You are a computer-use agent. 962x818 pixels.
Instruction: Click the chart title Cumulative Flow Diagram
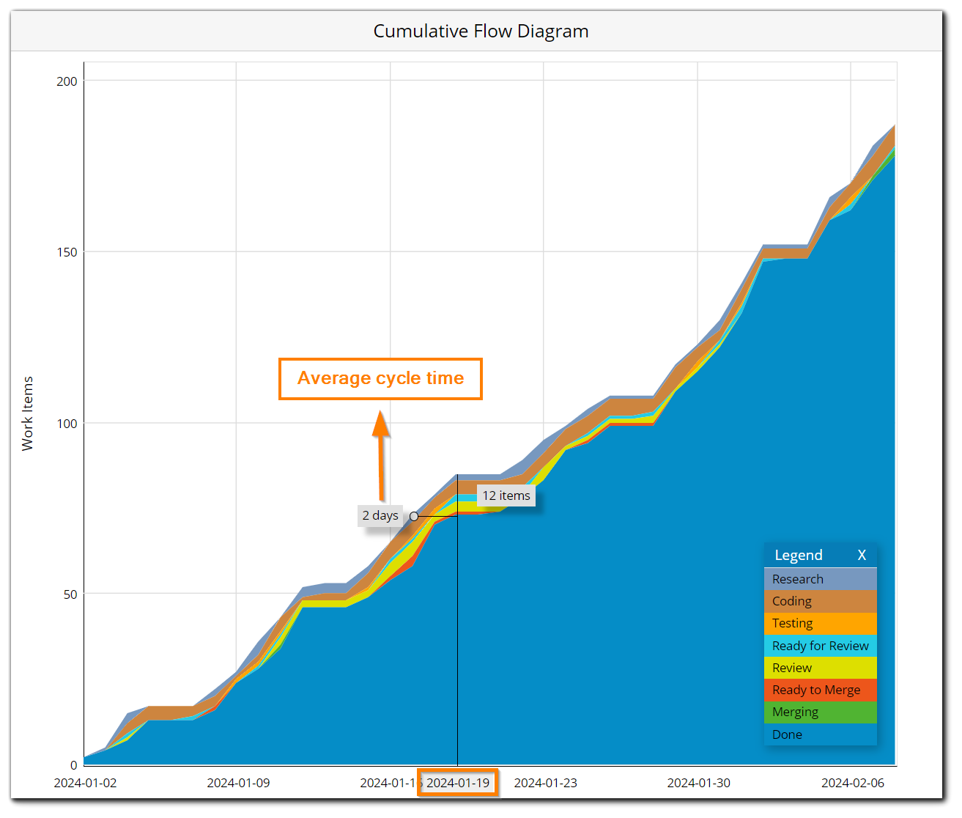click(x=481, y=32)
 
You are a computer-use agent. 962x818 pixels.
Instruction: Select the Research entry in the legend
click(x=820, y=579)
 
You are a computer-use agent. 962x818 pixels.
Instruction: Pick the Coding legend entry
click(x=820, y=601)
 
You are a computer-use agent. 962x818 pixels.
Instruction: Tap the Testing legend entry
click(x=820, y=623)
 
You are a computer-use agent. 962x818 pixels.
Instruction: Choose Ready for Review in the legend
click(x=820, y=646)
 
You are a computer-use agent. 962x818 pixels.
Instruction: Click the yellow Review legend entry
click(x=820, y=668)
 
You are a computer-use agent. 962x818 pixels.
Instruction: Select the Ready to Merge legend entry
click(x=820, y=690)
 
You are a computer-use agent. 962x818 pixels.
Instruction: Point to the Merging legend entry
click(x=820, y=712)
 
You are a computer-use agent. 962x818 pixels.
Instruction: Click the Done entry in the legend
click(x=820, y=734)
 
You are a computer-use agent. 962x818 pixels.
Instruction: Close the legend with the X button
click(x=862, y=555)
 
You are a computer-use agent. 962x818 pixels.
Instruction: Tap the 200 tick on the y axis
click(x=67, y=81)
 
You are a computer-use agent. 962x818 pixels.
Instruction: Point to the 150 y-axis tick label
click(x=67, y=252)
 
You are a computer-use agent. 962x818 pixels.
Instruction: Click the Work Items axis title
click(x=28, y=413)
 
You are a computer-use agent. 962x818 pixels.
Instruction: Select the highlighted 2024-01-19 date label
click(x=458, y=783)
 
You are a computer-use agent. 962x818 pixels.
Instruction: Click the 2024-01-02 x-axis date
click(x=85, y=783)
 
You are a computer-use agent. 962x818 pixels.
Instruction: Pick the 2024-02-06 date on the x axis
click(x=852, y=783)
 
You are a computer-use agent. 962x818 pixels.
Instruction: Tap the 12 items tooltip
click(x=506, y=495)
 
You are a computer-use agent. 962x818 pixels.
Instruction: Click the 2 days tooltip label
click(x=380, y=515)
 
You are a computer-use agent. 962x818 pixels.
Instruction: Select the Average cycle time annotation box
click(x=380, y=378)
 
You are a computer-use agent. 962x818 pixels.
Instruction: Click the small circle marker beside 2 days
click(x=414, y=516)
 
